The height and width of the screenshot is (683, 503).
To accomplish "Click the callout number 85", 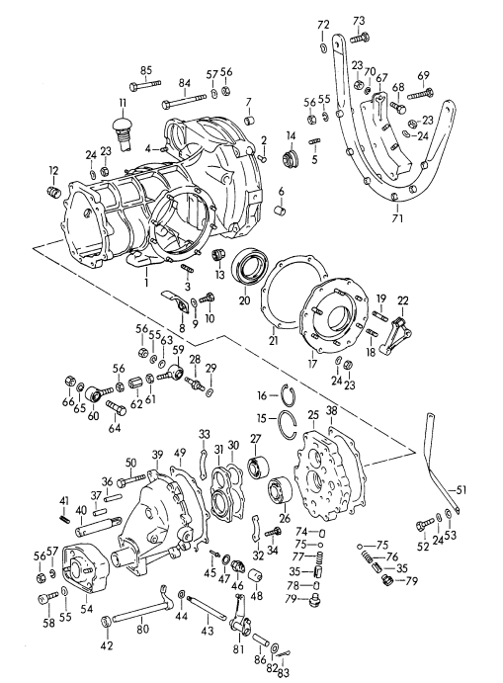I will [x=146, y=69].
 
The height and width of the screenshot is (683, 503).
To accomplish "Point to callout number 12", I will [x=52, y=171].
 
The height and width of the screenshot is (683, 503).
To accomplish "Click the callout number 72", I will [x=323, y=24].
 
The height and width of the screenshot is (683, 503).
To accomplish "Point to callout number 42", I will [x=107, y=646].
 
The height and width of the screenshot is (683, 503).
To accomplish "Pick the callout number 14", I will [x=291, y=135].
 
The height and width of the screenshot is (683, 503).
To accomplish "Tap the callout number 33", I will [x=204, y=433].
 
